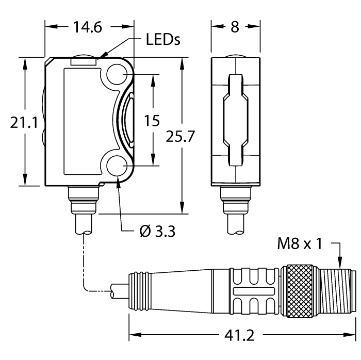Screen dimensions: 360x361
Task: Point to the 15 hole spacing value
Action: pyautogui.click(x=152, y=121)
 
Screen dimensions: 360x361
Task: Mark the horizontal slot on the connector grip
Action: pyautogui.click(x=253, y=292)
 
